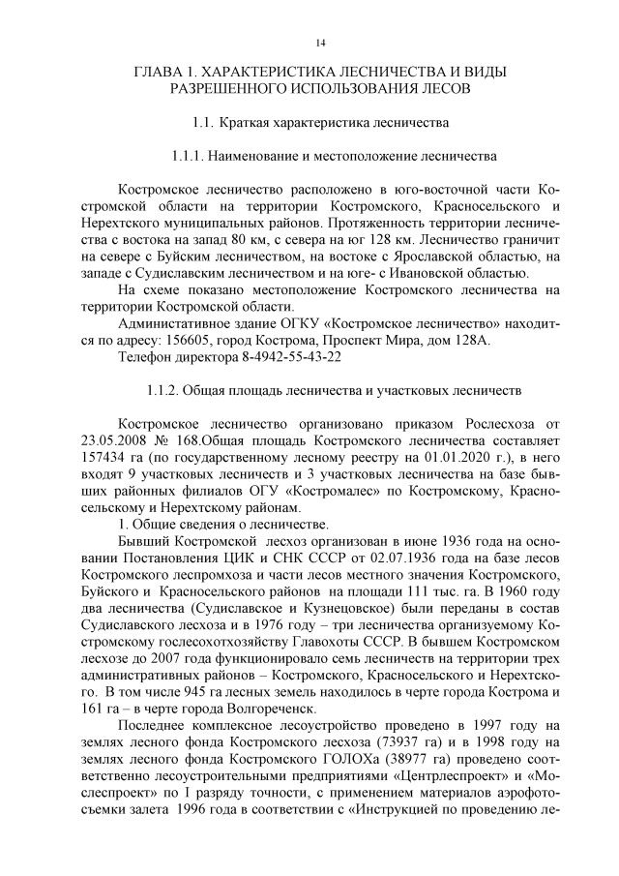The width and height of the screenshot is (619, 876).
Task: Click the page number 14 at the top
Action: (320, 43)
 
